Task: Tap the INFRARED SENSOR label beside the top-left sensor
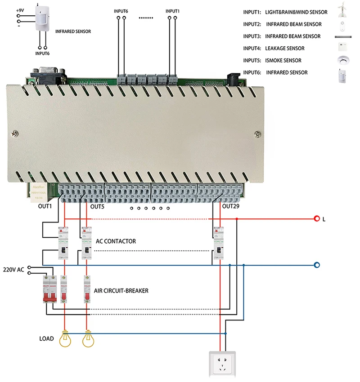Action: point(73,32)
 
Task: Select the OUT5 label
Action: point(98,207)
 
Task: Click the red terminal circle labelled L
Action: point(317,219)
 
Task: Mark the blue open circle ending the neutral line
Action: point(317,265)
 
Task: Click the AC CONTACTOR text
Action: point(116,241)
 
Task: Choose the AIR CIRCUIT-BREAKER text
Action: point(121,291)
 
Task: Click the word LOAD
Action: point(46,338)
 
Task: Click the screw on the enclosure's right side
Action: point(256,134)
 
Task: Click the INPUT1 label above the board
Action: point(172,11)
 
